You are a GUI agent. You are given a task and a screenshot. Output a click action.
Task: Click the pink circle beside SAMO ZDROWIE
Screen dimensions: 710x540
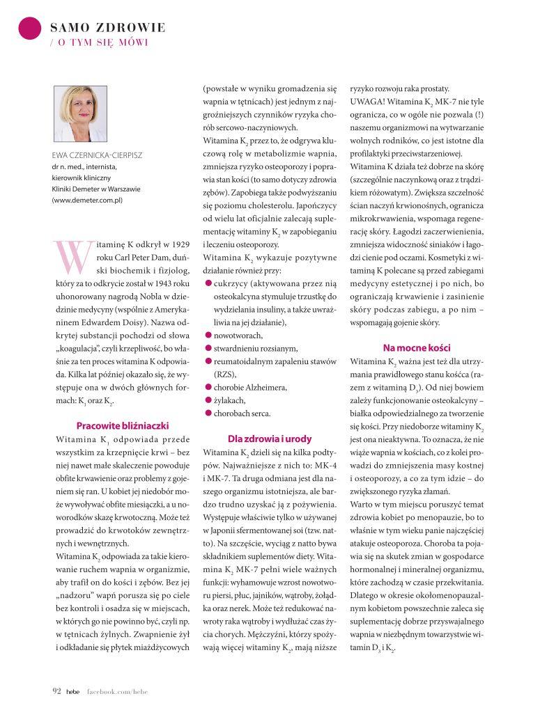pos(30,28)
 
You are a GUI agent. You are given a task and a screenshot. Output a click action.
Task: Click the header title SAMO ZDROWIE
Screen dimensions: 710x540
pos(108,28)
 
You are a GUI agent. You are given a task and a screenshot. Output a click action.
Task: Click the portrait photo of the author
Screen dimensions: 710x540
pos(80,113)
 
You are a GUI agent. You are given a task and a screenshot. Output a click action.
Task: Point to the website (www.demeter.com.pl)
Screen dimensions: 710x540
pos(87,200)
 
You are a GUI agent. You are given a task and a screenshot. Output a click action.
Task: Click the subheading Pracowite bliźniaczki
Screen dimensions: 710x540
pos(122,425)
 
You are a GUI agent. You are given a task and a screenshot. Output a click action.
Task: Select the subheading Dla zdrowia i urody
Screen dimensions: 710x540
pos(270,439)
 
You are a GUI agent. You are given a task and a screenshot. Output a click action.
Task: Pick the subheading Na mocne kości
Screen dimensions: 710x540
pos(417,347)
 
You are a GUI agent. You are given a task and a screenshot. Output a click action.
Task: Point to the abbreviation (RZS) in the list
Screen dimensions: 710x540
pos(225,374)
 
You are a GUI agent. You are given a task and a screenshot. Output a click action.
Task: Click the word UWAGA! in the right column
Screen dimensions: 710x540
pos(367,102)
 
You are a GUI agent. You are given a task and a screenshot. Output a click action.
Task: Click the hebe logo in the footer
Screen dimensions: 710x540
pos(73,691)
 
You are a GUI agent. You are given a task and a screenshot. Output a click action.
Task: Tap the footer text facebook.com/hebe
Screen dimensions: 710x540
pos(117,691)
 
